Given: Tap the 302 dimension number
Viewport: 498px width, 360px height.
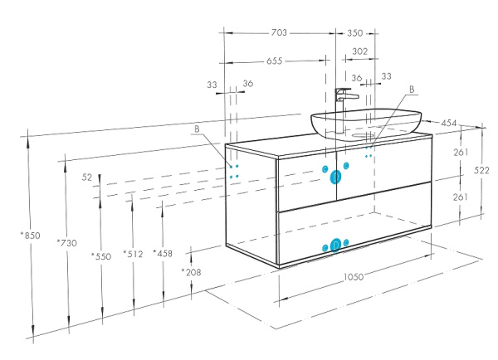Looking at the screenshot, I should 359,51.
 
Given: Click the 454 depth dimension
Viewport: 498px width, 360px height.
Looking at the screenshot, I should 449,123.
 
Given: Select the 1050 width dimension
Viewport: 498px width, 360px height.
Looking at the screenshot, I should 355,280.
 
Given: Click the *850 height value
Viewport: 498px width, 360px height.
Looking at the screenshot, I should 29,235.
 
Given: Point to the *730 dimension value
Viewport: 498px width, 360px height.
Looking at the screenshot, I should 66,242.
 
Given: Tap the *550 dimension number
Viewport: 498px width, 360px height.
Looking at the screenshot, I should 100,256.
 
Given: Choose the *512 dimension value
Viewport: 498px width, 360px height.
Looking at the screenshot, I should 132,254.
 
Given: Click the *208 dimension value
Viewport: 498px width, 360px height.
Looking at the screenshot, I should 192,271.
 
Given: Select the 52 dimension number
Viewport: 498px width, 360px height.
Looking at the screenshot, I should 87,178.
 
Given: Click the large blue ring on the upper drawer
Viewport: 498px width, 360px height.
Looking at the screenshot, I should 335,176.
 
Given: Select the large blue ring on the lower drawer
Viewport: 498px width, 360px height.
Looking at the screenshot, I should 335,245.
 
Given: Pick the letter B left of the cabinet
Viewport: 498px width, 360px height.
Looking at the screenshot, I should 197,129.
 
